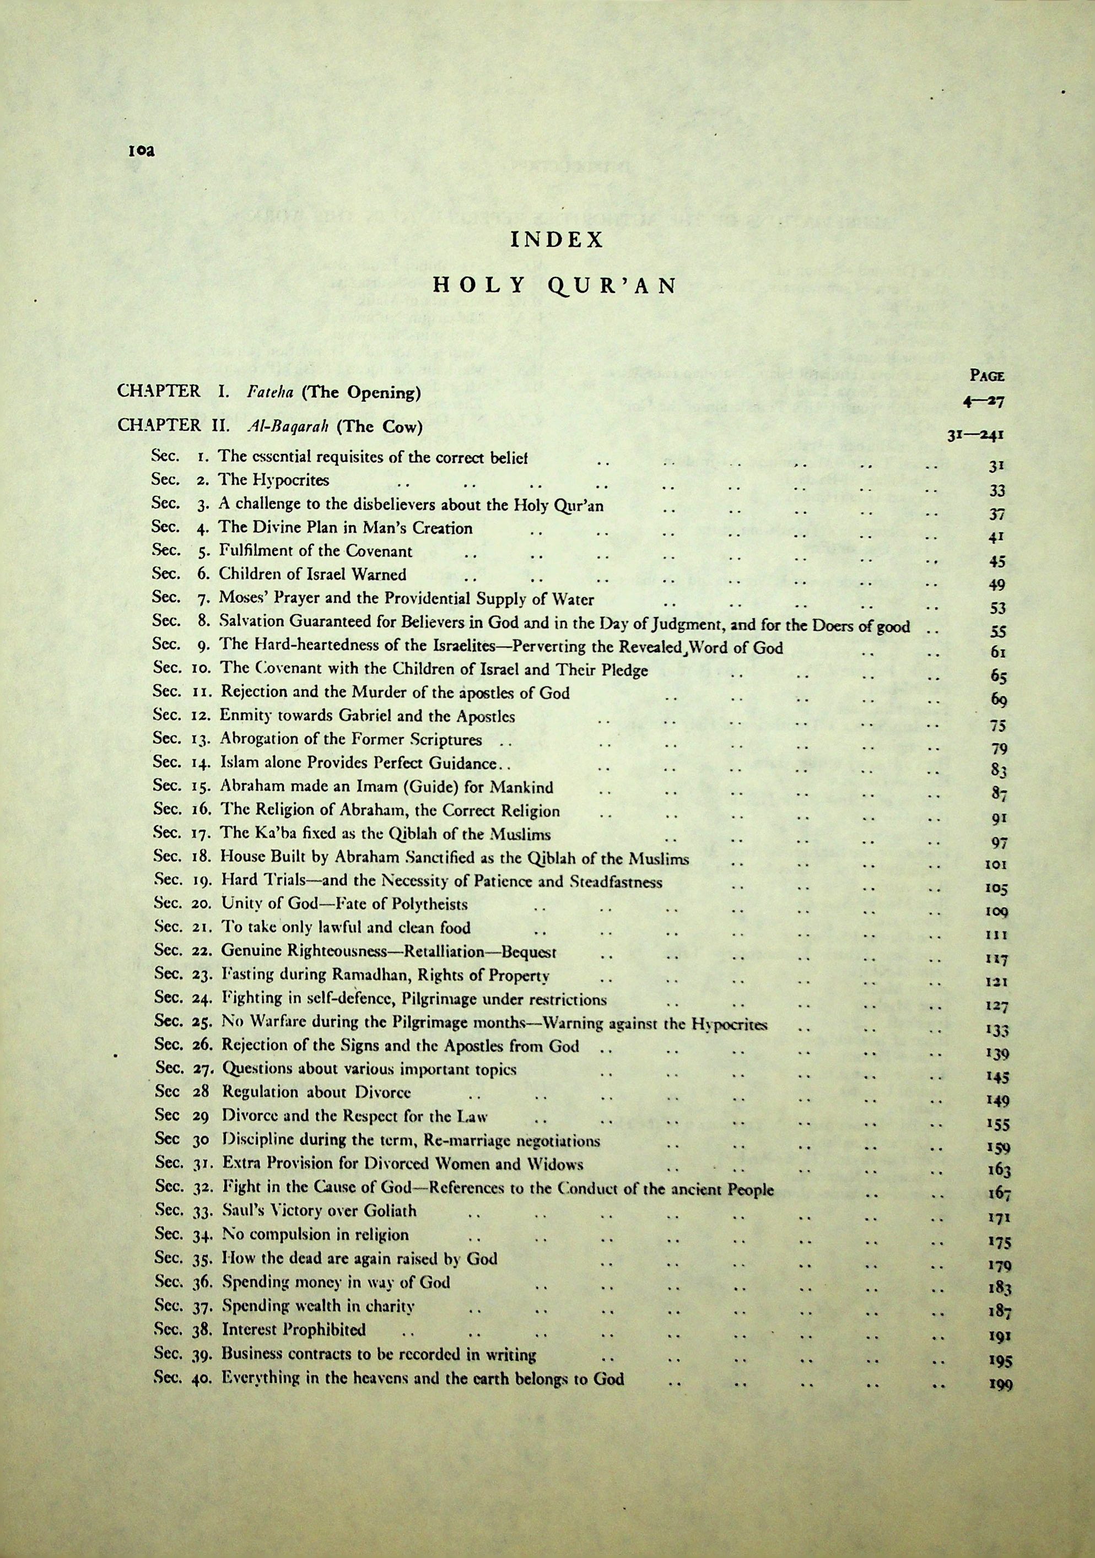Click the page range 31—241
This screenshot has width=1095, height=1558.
click(975, 436)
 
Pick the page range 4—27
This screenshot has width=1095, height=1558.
click(983, 401)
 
